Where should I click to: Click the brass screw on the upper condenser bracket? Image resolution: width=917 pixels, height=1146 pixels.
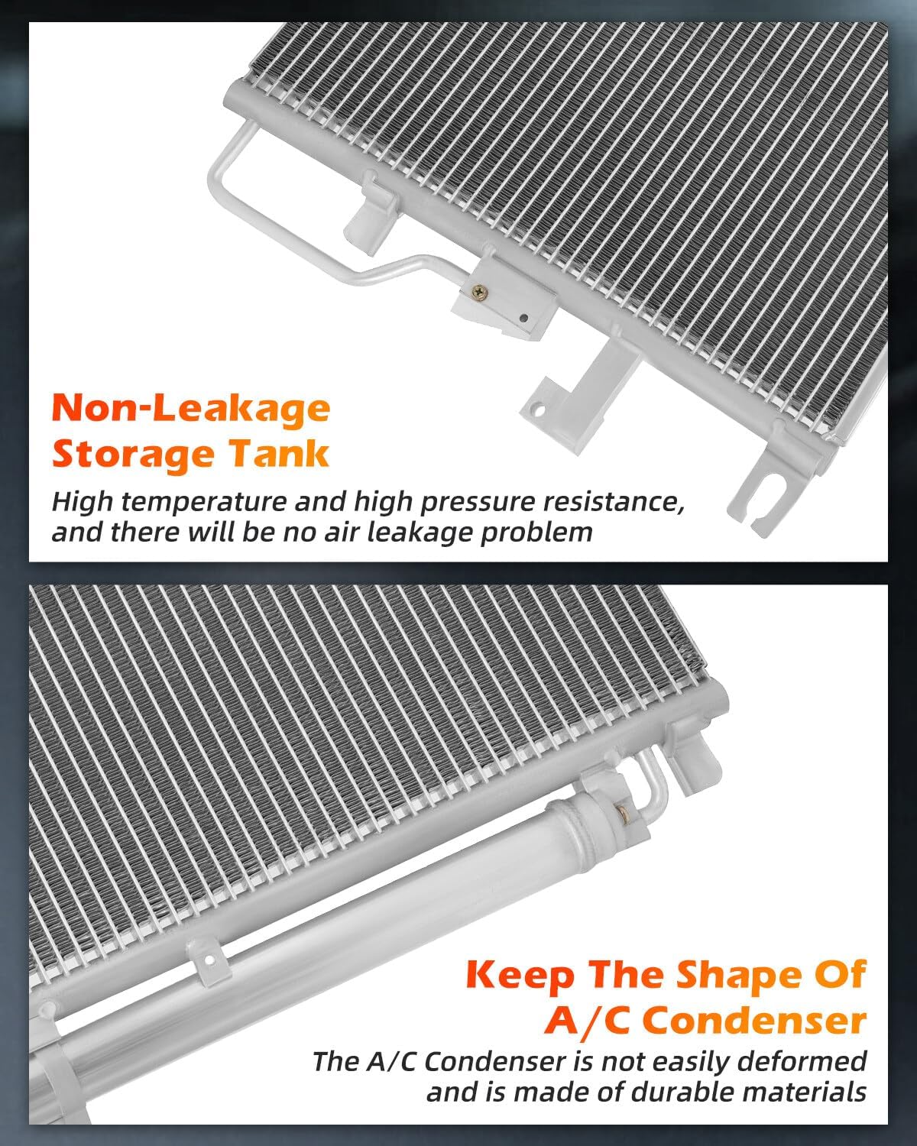[478, 291]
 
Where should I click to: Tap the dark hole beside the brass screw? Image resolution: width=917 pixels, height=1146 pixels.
[523, 318]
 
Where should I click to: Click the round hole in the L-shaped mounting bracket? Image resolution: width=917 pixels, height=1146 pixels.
[538, 411]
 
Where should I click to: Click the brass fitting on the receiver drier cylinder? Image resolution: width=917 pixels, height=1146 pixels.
[622, 813]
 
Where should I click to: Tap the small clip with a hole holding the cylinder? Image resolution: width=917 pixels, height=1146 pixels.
[209, 960]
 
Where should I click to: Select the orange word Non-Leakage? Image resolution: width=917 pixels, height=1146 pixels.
[191, 409]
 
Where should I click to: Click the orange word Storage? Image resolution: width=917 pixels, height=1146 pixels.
[133, 455]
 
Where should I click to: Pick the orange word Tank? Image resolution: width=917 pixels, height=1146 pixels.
[279, 454]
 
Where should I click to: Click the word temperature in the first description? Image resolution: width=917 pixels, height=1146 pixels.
[205, 502]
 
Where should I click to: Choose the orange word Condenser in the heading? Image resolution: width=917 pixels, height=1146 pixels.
[754, 1021]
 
